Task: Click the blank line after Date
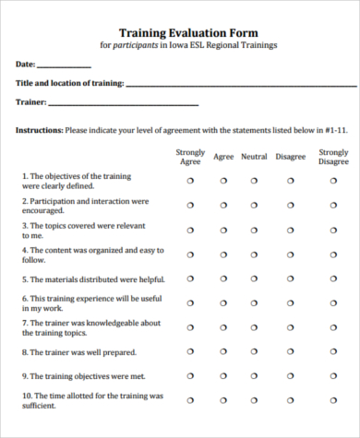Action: pyautogui.click(x=65, y=66)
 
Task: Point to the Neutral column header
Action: pyautogui.click(x=254, y=157)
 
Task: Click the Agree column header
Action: pyautogui.click(x=223, y=157)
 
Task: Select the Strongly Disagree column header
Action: pyautogui.click(x=333, y=157)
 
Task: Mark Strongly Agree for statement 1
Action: pyautogui.click(x=190, y=182)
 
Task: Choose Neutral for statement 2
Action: pyautogui.click(x=254, y=206)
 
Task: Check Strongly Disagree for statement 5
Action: pyautogui.click(x=333, y=279)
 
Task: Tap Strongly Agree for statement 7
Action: pyautogui.click(x=190, y=328)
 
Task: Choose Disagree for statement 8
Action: pyautogui.click(x=290, y=352)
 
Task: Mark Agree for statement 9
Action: pyautogui.click(x=223, y=377)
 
